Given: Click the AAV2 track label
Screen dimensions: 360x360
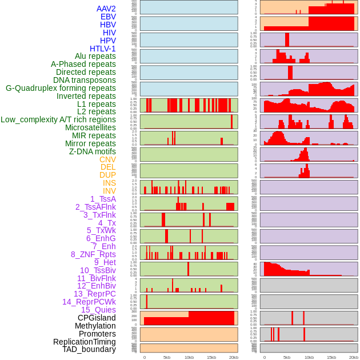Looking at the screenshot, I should tap(106, 9).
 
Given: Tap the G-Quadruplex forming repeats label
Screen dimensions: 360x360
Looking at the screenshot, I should tap(61, 88).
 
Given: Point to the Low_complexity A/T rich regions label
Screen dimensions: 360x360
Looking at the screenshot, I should tap(58, 119).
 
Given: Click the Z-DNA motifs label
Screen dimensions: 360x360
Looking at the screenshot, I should tap(92, 151).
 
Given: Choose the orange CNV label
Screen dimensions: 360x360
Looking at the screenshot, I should tap(107, 159).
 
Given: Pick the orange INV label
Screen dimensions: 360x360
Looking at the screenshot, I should tap(109, 191).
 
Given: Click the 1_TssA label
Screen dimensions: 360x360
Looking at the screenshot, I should tap(103, 199).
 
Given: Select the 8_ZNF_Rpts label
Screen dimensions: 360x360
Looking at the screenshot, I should tap(93, 254).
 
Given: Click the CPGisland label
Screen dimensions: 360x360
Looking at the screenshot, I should tap(97, 318).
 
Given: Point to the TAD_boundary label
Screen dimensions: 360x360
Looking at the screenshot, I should tap(89, 349).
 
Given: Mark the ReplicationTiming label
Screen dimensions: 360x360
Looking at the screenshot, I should tap(84, 342).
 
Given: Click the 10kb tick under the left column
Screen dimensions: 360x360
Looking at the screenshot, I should tap(189, 357).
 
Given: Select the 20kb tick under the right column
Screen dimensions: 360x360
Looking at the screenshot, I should tap(354, 357).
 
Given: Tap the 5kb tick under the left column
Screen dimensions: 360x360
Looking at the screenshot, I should tap(167, 357).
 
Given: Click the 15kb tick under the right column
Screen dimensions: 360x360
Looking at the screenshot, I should tap(331, 357).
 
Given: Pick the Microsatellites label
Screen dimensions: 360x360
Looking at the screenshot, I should tap(90, 127).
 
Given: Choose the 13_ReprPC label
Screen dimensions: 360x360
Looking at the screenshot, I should tap(94, 294).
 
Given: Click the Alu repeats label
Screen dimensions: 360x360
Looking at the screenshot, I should tap(95, 56).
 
